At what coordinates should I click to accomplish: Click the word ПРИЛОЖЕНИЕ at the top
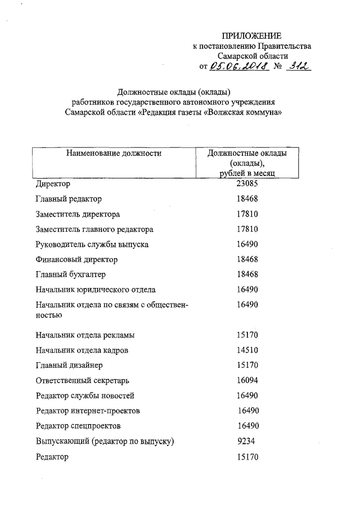point(252,36)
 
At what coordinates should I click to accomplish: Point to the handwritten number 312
point(298,66)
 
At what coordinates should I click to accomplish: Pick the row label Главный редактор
point(69,199)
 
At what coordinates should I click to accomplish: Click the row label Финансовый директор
point(76,260)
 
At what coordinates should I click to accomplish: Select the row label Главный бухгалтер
point(70,274)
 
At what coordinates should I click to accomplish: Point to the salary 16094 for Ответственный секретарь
point(247,380)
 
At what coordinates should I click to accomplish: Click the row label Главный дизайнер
point(69,365)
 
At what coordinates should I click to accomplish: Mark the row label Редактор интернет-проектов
point(87,411)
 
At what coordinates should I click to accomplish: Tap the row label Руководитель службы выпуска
point(92,245)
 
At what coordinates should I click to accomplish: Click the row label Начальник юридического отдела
point(95,290)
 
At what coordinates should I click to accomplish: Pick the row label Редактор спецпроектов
point(78,426)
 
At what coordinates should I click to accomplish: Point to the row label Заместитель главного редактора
point(94,229)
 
